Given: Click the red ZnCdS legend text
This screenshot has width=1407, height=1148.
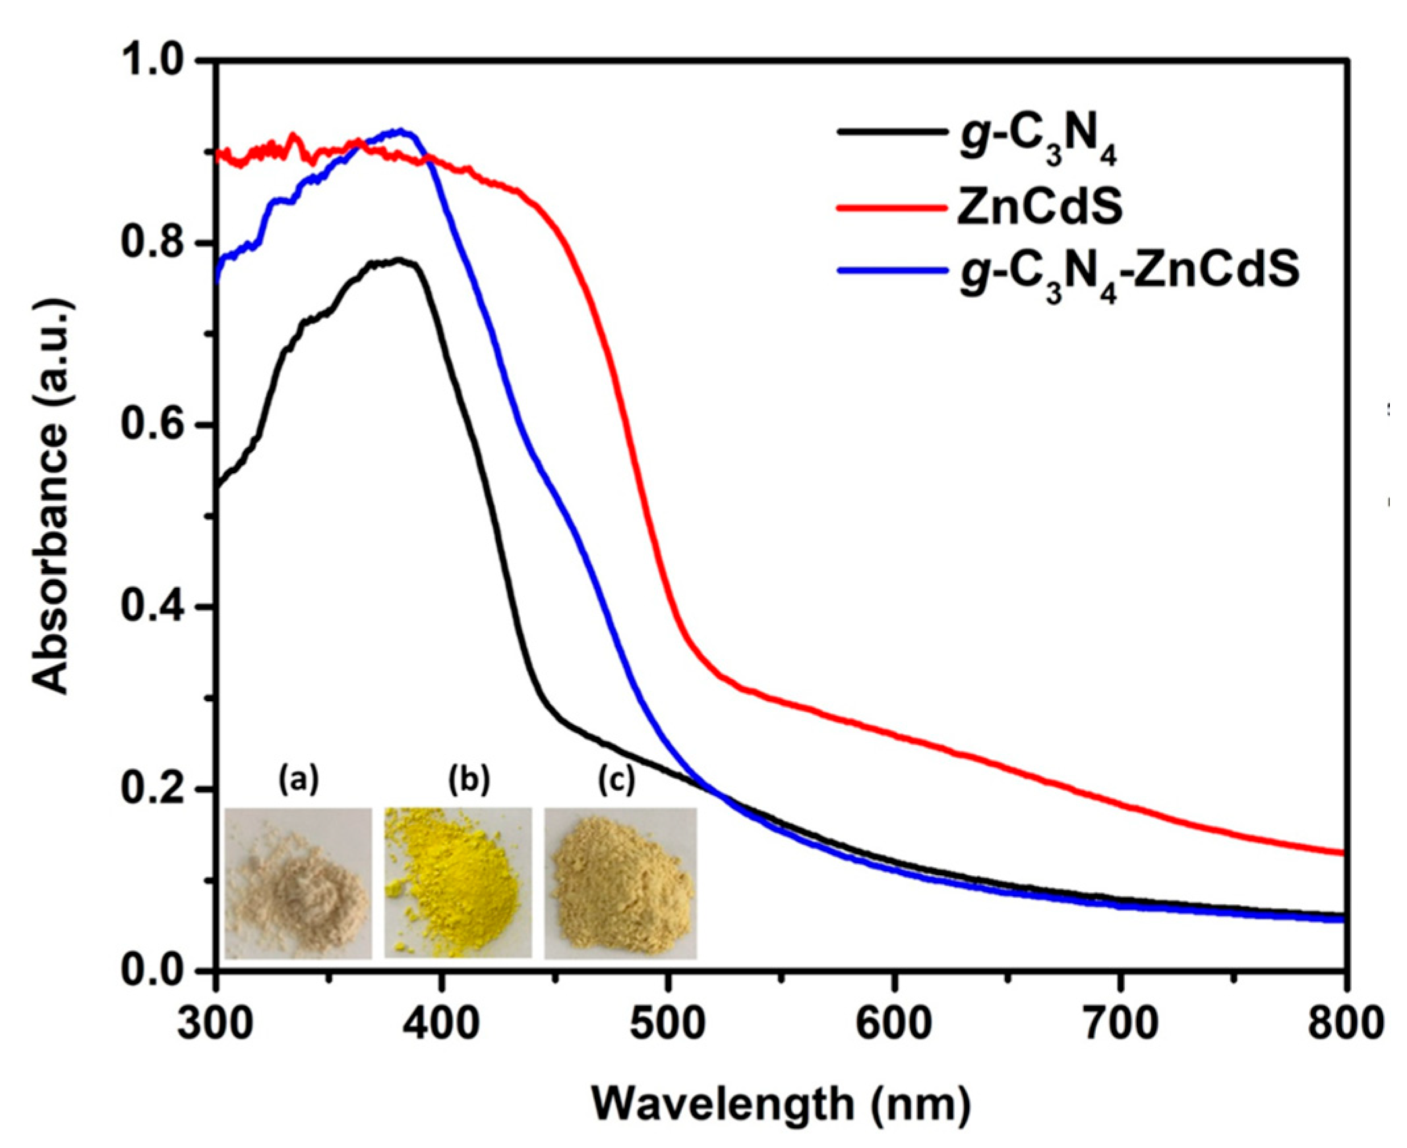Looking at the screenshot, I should pyautogui.click(x=1040, y=207).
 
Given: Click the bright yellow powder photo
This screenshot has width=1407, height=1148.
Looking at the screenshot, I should pyautogui.click(x=458, y=883).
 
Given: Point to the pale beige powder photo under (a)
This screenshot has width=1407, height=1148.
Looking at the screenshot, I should pyautogui.click(x=297, y=883).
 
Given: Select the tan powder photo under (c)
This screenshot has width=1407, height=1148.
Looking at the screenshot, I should pyautogui.click(x=620, y=883).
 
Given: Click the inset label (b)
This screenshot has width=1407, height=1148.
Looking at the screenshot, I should pyautogui.click(x=469, y=780).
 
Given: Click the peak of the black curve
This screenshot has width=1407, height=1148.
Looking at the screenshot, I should pyautogui.click(x=397, y=260).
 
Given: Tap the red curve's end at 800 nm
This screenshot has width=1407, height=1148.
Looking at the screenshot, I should pyautogui.click(x=1342, y=853).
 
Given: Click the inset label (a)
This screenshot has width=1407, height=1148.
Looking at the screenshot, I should pyautogui.click(x=297, y=780).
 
